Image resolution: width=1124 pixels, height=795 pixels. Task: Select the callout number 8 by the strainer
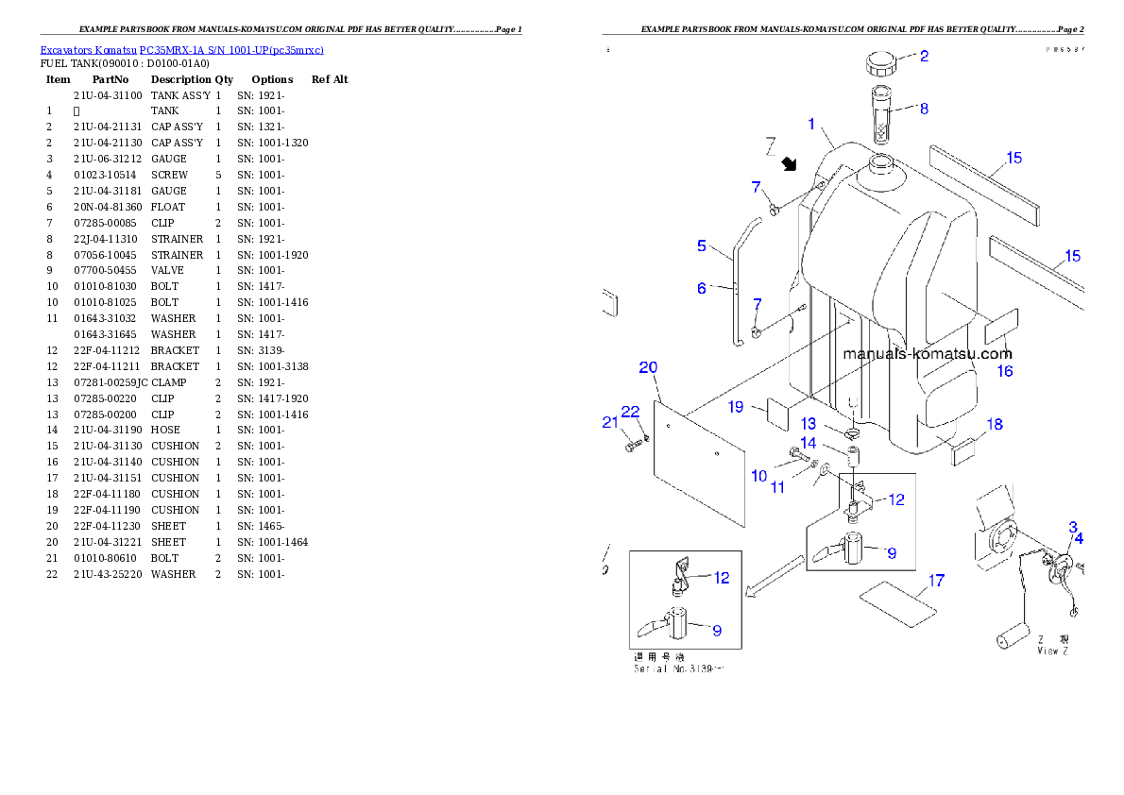coord(924,109)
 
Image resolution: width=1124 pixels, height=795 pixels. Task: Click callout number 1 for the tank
coord(810,124)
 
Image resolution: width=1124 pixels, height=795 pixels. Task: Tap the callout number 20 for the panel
coord(648,367)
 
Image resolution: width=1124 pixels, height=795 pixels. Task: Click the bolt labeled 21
coord(634,444)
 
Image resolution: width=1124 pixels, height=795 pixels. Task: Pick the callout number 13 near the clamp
coord(809,424)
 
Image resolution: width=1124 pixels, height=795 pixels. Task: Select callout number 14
coord(809,443)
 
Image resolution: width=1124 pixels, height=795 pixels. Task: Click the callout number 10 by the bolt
coord(758,476)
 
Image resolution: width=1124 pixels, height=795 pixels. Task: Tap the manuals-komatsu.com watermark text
coord(927,354)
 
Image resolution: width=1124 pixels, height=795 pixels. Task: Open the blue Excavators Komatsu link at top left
coord(181,50)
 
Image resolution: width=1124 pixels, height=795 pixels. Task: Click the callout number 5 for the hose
coord(702,245)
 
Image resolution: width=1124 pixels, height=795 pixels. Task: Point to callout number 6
coord(702,288)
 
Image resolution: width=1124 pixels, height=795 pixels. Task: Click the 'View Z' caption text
coord(1053,651)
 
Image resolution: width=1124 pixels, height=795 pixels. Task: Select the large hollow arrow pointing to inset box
coord(774,577)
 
